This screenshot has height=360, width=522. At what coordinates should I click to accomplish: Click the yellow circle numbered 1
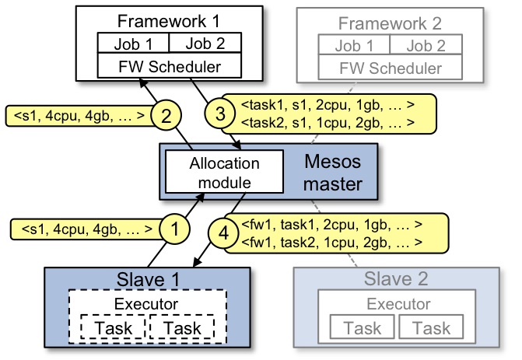[175, 229]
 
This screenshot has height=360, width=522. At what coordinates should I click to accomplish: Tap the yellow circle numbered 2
[166, 115]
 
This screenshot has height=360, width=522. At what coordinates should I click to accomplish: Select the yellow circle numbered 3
[220, 114]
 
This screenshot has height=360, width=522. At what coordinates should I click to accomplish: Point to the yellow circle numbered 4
[224, 233]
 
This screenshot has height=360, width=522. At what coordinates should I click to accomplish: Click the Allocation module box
[224, 171]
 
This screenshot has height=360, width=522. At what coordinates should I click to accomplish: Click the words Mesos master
[333, 173]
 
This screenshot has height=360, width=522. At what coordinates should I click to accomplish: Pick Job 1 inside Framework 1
[133, 44]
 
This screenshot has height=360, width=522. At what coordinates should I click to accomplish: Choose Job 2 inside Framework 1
[205, 44]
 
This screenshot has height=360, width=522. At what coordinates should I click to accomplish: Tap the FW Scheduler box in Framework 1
[170, 65]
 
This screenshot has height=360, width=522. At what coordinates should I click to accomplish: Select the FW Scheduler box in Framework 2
[391, 67]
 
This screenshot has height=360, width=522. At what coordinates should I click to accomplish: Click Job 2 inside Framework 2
[426, 45]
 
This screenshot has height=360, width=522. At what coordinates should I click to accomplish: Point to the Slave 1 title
[148, 279]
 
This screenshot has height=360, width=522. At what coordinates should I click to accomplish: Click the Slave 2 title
[396, 278]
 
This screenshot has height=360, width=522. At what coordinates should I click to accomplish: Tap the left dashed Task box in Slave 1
[113, 327]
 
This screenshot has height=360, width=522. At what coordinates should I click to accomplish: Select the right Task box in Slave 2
[431, 327]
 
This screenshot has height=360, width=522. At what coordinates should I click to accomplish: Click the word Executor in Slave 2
[398, 304]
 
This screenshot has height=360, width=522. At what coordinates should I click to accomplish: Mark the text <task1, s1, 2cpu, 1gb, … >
[328, 105]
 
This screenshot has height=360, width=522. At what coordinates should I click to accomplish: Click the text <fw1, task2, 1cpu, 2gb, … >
[331, 243]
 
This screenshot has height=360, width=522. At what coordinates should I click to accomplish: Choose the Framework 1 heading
[169, 21]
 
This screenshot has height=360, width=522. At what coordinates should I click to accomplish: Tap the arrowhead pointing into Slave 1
[197, 262]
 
